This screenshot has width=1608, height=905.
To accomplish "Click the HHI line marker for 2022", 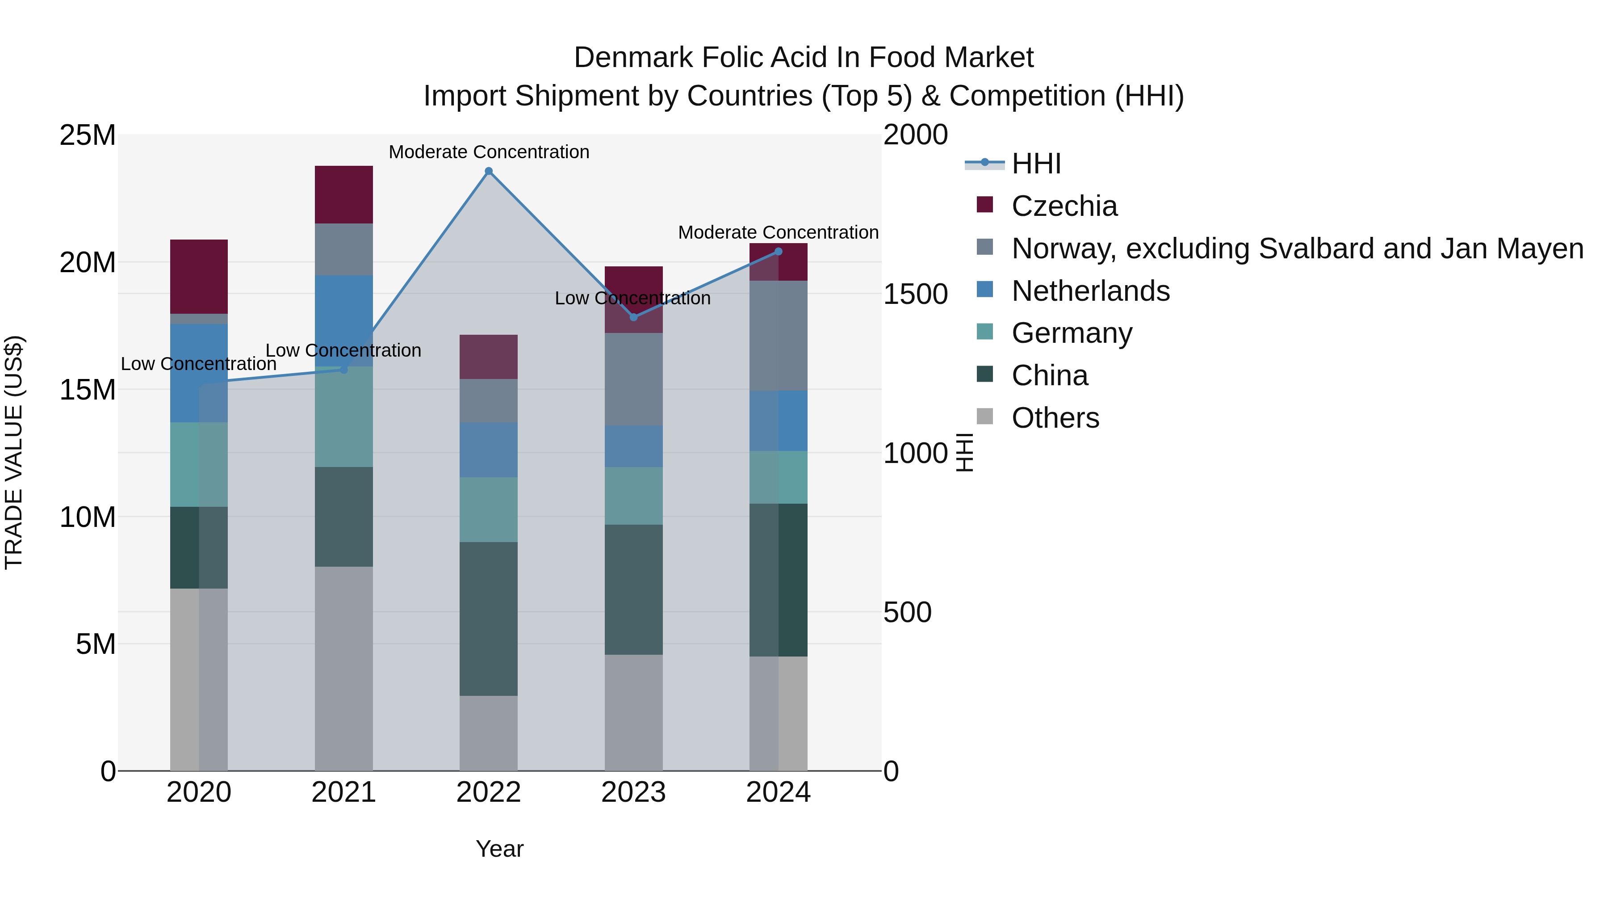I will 489,171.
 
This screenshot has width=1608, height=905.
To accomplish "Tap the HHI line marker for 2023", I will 633,317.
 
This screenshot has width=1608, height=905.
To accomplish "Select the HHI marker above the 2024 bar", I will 779,252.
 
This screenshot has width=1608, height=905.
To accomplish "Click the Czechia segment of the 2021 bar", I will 344,195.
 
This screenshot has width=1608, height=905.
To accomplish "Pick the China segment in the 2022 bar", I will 489,619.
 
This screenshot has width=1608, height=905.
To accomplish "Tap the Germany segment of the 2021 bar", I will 344,417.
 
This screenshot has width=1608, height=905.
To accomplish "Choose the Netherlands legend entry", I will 1090,291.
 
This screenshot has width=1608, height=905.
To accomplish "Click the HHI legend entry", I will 1036,164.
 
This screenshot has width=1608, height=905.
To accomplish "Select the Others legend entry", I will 1055,418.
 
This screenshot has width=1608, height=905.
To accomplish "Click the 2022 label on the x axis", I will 489,792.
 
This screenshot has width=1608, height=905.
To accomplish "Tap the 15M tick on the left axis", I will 88,390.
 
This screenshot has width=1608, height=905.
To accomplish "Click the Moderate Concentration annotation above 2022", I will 489,152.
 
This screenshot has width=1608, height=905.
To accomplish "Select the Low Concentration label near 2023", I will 632,299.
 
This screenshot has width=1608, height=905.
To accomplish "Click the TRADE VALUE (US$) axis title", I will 14,452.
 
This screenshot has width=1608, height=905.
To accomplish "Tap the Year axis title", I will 499,849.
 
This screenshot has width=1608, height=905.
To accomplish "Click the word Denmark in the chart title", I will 633,58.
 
